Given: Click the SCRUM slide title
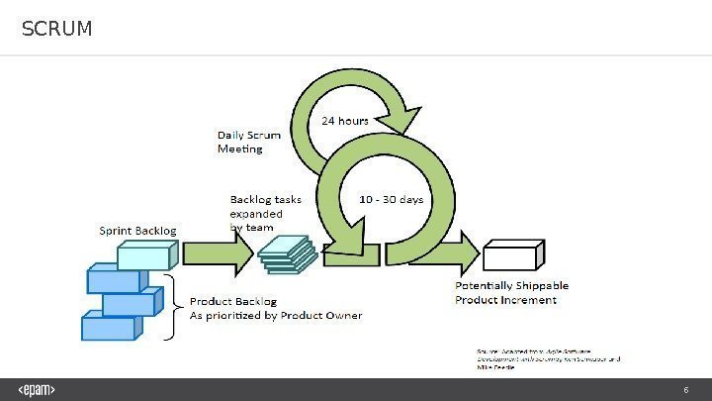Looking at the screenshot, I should pyautogui.click(x=57, y=30).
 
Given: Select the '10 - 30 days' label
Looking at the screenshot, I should pyautogui.click(x=391, y=199).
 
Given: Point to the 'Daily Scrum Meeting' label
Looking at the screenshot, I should pyautogui.click(x=248, y=141).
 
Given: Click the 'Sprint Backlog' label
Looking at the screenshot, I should pyautogui.click(x=139, y=231).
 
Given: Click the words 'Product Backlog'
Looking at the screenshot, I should pyautogui.click(x=232, y=301).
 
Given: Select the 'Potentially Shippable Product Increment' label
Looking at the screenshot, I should pyautogui.click(x=511, y=292).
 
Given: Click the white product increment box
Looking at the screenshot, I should pyautogui.click(x=512, y=255).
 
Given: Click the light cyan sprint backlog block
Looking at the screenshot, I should pyautogui.click(x=146, y=255).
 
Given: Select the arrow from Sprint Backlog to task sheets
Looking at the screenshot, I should pyautogui.click(x=218, y=255).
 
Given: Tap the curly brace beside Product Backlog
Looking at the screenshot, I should pyautogui.click(x=174, y=307).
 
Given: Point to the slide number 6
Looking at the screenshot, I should pyautogui.click(x=685, y=389).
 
